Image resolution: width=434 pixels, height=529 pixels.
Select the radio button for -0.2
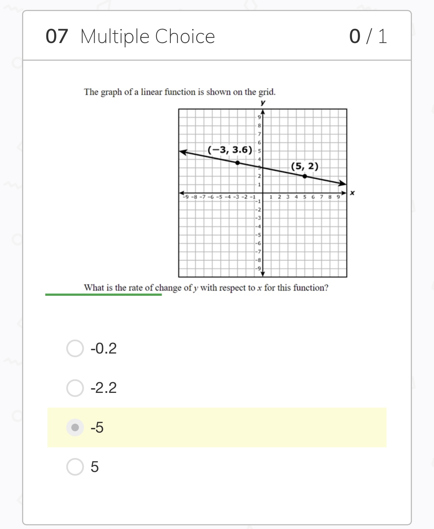(x=75, y=348)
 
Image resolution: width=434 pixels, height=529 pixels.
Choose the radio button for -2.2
(x=75, y=388)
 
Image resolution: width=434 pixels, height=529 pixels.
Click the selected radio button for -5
(x=75, y=427)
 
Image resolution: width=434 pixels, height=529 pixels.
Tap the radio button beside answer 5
(x=75, y=467)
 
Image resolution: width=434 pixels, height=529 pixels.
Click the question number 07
(x=57, y=36)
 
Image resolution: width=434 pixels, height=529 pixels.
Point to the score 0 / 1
(x=368, y=36)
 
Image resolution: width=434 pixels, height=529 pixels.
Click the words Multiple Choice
(x=147, y=36)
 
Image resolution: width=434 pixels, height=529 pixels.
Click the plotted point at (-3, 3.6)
(x=237, y=163)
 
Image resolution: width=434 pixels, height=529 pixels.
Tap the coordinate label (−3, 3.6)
(x=230, y=150)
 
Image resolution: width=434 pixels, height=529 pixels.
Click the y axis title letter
(x=262, y=102)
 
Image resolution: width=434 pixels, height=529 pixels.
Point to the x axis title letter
(x=352, y=193)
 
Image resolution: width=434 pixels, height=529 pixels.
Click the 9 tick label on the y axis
(x=259, y=117)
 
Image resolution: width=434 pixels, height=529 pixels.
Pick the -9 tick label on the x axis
(x=186, y=197)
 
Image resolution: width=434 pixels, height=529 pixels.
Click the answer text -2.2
(x=103, y=388)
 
